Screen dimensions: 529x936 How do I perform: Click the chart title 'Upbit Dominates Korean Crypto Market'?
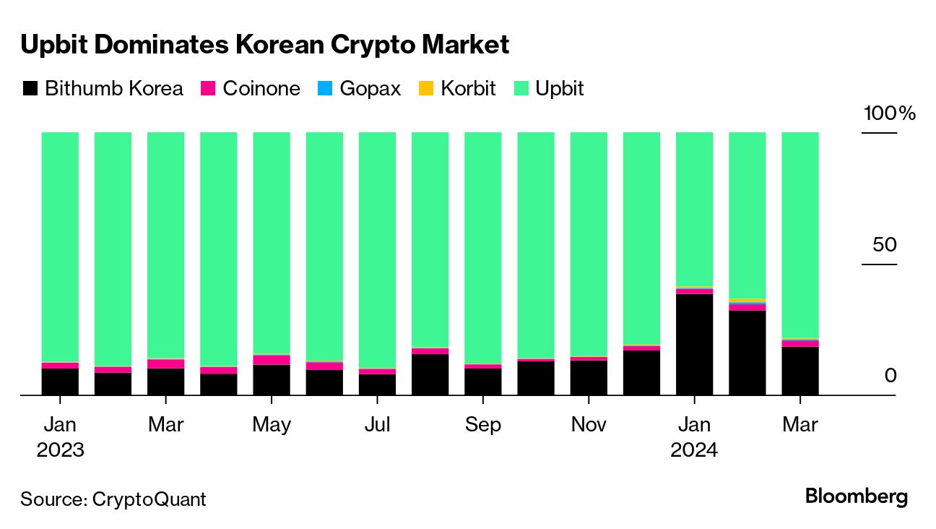pyautogui.click(x=264, y=45)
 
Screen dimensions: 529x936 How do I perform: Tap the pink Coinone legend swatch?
pyautogui.click(x=209, y=89)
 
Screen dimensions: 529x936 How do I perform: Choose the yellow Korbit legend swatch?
pyautogui.click(x=427, y=89)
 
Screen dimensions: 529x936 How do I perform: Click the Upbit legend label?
pyautogui.click(x=560, y=89)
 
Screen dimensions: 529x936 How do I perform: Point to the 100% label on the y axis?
pyautogui.click(x=889, y=113)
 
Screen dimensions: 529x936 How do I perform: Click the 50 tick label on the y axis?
pyautogui.click(x=885, y=245)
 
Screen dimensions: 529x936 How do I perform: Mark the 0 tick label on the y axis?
pyautogui.click(x=890, y=376)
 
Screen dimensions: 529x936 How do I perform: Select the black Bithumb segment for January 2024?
pyautogui.click(x=694, y=344)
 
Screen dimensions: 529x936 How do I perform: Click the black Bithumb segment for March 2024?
pyautogui.click(x=800, y=371)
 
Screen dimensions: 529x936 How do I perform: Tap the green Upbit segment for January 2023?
pyautogui.click(x=60, y=246)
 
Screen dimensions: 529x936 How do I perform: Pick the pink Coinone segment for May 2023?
pyautogui.click(x=271, y=360)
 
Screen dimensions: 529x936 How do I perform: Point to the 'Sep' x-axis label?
pyautogui.click(x=482, y=424)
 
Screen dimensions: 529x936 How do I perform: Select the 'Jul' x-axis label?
pyautogui.click(x=377, y=424)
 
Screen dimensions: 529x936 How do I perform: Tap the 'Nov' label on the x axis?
pyautogui.click(x=589, y=424)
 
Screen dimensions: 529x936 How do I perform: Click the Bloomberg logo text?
pyautogui.click(x=856, y=497)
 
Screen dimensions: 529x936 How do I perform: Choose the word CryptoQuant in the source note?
pyautogui.click(x=149, y=499)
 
